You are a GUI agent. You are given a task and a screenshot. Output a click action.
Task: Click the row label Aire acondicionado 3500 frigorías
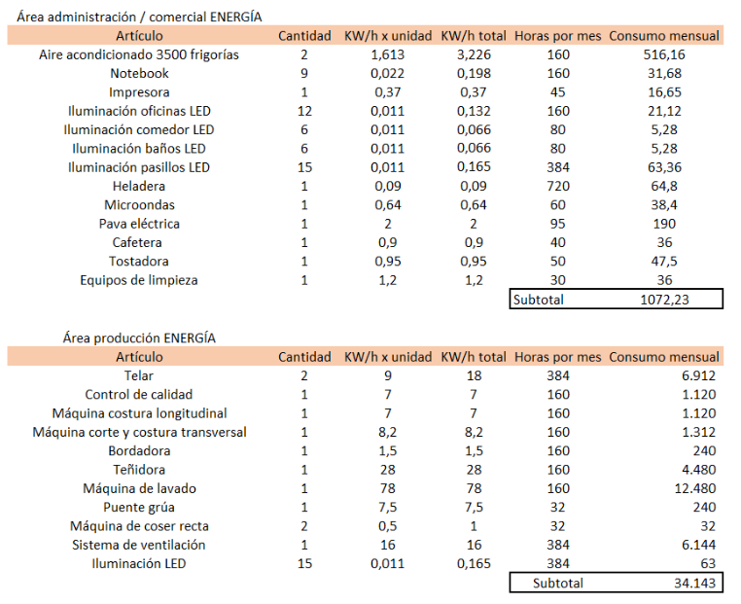pos(139,54)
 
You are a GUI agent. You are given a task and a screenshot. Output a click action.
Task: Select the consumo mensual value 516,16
pos(664,54)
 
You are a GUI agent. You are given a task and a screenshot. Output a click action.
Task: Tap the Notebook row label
pos(139,73)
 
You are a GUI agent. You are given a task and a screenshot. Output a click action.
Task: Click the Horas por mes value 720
pos(558,186)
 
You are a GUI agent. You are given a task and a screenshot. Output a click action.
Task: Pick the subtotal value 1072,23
pos(664,300)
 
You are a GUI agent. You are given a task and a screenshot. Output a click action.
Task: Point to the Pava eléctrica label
pos(139,224)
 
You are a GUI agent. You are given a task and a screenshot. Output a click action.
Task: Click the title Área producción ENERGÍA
pos(139,338)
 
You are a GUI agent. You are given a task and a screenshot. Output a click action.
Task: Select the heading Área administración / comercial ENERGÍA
pos(139,17)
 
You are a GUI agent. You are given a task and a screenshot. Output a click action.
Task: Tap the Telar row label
pos(139,375)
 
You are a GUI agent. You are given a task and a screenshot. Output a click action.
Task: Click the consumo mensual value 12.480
pos(695,488)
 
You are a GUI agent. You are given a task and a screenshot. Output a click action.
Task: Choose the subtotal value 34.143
pos(695,584)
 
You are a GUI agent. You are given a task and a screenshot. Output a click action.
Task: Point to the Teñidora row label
pos(139,470)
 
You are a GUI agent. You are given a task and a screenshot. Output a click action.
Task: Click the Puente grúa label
pos(139,508)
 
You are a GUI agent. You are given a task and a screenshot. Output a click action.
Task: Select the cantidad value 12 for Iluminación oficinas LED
pos(304,111)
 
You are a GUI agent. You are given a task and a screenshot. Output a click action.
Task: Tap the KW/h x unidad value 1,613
pos(387,54)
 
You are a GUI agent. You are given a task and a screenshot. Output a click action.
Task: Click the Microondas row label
pos(139,205)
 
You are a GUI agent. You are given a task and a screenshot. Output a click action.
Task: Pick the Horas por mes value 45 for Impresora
pos(558,92)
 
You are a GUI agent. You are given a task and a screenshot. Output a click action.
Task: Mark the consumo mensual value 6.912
pos(699,375)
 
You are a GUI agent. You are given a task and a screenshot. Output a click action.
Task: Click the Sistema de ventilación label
pos(139,545)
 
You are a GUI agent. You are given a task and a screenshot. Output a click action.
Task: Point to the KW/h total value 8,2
pos(474,433)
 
